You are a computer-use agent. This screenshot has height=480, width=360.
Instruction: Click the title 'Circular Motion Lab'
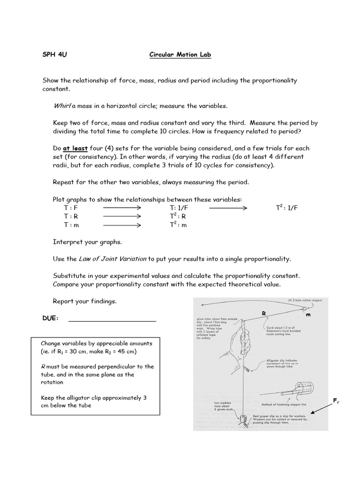tap(180, 55)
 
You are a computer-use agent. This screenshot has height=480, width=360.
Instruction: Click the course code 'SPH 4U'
tap(55, 55)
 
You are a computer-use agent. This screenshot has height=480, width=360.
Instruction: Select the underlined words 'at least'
tap(75, 148)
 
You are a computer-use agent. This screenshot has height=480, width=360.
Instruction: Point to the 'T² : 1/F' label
tap(286, 207)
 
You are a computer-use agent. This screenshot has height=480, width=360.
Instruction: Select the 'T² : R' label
tap(178, 216)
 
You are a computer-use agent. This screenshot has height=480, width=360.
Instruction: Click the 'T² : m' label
tap(178, 225)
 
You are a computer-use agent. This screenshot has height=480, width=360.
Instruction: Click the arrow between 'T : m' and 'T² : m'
tap(122, 225)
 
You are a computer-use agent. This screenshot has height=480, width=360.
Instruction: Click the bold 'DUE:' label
tap(51, 318)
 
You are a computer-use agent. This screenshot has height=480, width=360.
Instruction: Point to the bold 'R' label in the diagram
tap(263, 313)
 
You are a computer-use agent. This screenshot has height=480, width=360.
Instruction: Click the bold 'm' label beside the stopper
tap(308, 315)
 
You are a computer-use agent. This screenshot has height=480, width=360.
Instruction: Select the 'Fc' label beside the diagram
tap(336, 400)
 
